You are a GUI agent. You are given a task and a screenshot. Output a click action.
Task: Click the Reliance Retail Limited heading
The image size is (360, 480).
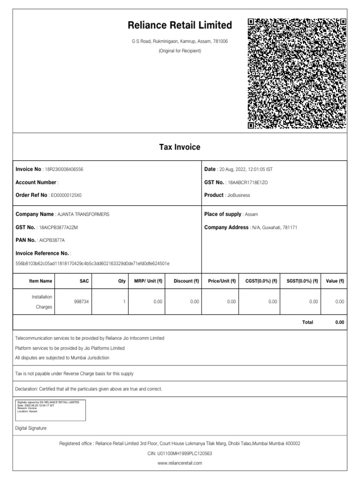pos(180,25)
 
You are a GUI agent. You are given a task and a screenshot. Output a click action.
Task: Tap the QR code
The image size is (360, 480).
pos(297,74)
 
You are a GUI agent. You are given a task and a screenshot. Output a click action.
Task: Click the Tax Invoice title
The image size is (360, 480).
pos(180,147)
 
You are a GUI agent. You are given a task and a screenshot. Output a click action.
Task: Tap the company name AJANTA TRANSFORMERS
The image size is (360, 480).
pos(83,214)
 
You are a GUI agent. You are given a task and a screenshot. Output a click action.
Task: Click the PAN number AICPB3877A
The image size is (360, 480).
pos(52,240)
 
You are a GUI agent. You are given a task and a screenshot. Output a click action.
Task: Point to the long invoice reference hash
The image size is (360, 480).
pos(93,264)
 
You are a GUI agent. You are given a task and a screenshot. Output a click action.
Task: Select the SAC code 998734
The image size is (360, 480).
pos(82,302)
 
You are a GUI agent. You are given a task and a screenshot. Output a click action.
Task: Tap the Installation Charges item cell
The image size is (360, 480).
pos(42,302)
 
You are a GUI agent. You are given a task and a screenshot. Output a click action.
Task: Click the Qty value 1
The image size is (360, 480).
pos(124,302)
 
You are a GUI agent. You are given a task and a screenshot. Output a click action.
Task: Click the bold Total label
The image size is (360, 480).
pos(307,322)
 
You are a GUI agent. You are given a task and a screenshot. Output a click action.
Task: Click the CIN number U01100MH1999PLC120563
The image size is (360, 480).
pos(180,453)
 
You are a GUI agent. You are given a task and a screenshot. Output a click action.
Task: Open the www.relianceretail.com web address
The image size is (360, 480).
pos(180,463)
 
